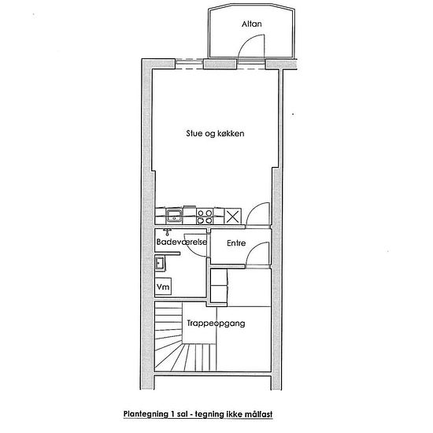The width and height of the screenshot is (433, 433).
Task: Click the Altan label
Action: (x=252, y=24)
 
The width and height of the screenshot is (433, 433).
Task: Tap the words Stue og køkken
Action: (x=215, y=134)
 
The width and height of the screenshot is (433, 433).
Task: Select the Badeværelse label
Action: (x=181, y=242)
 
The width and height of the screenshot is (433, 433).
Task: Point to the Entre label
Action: (x=236, y=243)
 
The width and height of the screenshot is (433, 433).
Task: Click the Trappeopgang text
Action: (x=216, y=324)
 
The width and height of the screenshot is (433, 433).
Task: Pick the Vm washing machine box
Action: (x=163, y=287)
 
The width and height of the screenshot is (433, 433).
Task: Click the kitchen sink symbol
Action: (x=174, y=216)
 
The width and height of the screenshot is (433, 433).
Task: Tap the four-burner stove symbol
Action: (x=205, y=216)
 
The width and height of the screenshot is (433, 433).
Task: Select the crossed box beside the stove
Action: (x=233, y=216)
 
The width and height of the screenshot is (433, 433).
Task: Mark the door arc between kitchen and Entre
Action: (x=253, y=209)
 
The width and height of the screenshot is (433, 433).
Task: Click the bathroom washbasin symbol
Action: (x=160, y=263)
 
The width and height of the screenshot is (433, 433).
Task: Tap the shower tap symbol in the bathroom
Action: (x=167, y=231)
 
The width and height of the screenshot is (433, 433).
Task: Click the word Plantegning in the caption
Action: (x=146, y=414)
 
